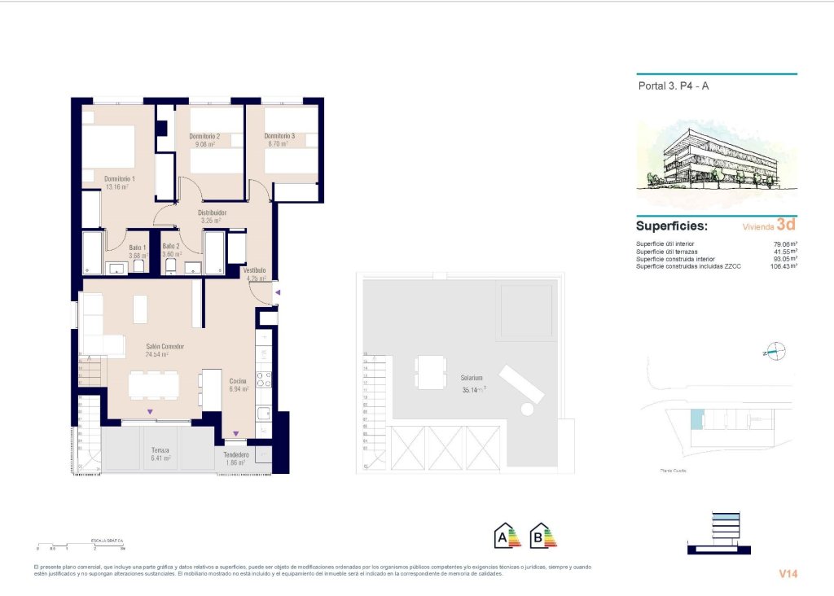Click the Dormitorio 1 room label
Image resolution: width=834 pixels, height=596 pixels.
click(119, 178)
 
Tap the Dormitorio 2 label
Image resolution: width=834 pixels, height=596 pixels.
click(204, 136)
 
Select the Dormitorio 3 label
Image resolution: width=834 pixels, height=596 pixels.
click(280, 136)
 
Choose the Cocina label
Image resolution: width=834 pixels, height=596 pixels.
click(238, 381)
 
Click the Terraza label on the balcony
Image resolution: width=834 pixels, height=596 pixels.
click(160, 449)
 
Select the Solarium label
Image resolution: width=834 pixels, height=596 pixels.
click(471, 379)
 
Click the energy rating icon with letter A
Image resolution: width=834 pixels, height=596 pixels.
click(507, 536)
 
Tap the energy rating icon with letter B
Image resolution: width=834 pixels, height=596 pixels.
click(542, 536)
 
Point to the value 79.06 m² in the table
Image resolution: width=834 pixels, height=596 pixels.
click(784, 243)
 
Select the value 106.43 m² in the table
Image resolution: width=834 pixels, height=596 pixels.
click(783, 265)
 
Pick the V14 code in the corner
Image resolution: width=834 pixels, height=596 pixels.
click(788, 574)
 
